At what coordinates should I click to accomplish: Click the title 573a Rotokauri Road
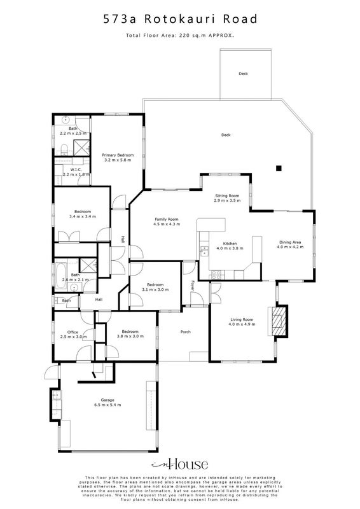click(180, 19)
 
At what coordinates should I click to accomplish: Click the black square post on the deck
click(279, 168)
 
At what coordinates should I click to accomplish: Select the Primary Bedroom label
click(118, 155)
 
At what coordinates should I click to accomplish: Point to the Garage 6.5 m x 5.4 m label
click(107, 403)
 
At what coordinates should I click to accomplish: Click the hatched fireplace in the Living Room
click(279, 321)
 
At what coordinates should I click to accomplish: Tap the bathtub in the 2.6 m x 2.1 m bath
click(60, 276)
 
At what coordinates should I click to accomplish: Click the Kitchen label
click(230, 244)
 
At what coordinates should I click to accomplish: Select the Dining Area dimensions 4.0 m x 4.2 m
click(290, 247)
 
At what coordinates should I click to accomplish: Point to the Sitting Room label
click(227, 196)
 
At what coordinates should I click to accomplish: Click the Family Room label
click(167, 219)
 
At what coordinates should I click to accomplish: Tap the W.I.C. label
click(76, 170)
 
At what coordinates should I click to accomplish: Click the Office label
click(73, 332)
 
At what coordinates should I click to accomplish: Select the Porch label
click(185, 331)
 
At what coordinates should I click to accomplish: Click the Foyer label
click(193, 285)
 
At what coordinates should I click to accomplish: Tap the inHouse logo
click(179, 464)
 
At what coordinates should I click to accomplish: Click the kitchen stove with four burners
click(216, 275)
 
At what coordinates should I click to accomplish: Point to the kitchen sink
click(204, 251)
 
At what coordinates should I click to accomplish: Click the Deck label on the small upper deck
click(243, 74)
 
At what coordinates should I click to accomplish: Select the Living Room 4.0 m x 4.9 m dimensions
click(242, 324)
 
